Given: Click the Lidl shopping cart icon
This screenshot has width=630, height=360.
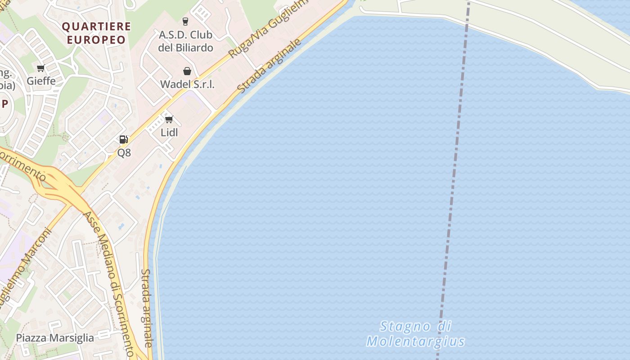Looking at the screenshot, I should coord(169,119).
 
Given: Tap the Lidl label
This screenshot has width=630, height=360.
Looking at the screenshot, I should coord(169,132).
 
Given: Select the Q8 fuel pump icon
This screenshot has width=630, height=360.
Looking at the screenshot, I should coord(124,139).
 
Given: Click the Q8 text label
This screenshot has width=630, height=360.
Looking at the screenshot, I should coord(124,153).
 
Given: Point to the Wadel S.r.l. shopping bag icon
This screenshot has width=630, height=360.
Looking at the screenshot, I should coord(187,71).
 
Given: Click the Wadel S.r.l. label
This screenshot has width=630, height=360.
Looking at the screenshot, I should coord(187,84).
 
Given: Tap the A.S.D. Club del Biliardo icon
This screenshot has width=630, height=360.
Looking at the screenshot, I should coord(185,21).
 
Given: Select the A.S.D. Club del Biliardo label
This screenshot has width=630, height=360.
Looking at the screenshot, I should coord(186,41).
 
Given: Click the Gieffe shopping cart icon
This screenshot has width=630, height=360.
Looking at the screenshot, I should coord(41,68).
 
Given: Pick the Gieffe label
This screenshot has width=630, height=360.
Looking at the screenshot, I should coord(41,81).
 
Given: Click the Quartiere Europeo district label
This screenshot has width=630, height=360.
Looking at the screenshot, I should coord(96,33).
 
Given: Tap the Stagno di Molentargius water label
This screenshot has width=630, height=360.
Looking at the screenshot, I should coord(415,333).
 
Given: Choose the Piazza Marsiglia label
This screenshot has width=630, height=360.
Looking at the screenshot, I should coord(55,338).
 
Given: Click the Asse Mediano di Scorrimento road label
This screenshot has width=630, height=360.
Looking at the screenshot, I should coord(109,283).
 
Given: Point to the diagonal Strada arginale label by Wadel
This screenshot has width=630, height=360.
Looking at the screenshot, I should coord(269,66).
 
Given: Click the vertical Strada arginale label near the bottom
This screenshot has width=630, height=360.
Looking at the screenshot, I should coord(147,308).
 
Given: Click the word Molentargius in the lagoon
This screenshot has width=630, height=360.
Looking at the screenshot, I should coord(415,341).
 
